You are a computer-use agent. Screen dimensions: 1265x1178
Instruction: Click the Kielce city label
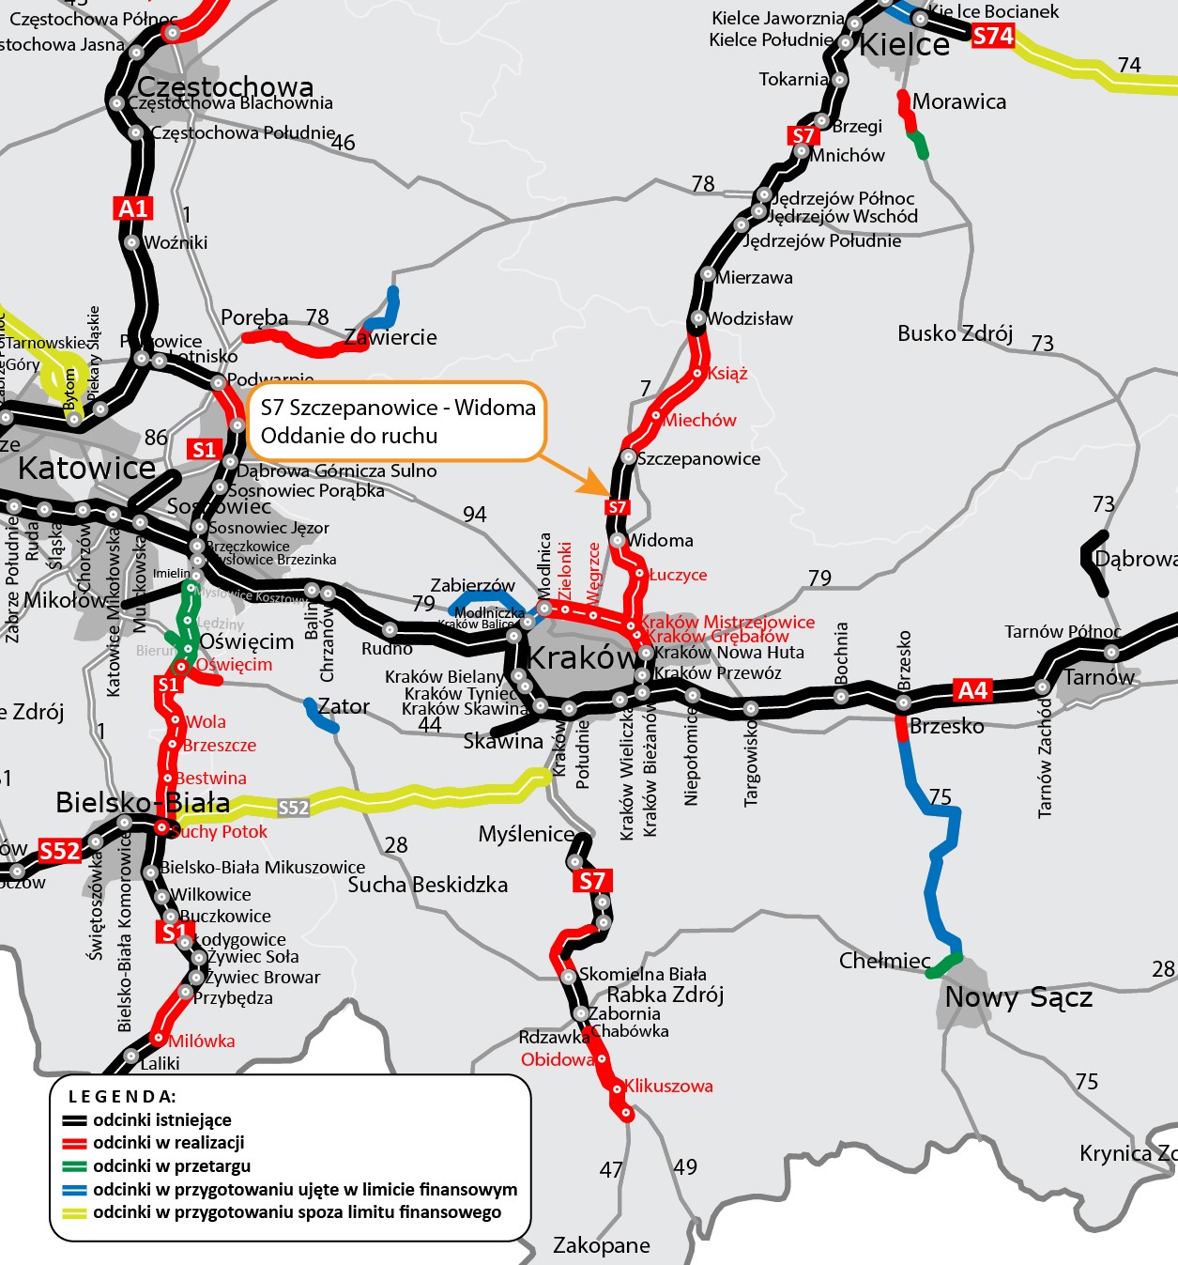pyautogui.click(x=905, y=45)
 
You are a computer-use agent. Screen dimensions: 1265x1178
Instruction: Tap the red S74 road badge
pyautogui.click(x=992, y=37)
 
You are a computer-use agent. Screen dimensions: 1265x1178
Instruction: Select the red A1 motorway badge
pyautogui.click(x=133, y=208)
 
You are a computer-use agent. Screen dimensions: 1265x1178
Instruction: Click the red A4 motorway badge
pyautogui.click(x=972, y=690)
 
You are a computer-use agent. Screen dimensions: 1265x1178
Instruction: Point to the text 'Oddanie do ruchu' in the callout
pyautogui.click(x=349, y=436)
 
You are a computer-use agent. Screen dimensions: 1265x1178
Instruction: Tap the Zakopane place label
pyautogui.click(x=601, y=1245)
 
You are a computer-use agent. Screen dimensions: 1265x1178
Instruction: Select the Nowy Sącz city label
pyautogui.click(x=1018, y=997)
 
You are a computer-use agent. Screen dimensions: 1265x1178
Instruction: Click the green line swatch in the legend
pyautogui.click(x=74, y=1166)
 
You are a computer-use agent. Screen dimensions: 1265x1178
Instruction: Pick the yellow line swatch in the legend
pyautogui.click(x=74, y=1212)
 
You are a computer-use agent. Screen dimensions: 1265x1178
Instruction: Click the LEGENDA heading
pyautogui.click(x=122, y=1096)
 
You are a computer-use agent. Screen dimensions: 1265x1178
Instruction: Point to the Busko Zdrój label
pyautogui.click(x=955, y=334)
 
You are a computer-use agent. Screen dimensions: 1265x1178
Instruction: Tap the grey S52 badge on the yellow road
pyautogui.click(x=293, y=808)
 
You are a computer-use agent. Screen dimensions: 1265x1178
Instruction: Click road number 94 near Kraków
pyautogui.click(x=475, y=515)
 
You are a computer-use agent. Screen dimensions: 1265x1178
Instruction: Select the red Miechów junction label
pyautogui.click(x=699, y=421)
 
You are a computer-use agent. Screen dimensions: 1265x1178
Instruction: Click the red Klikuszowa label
pyautogui.click(x=668, y=1087)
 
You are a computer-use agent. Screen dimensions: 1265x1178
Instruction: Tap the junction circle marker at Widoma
pyautogui.click(x=617, y=540)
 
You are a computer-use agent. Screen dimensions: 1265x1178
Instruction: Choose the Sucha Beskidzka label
pyautogui.click(x=427, y=885)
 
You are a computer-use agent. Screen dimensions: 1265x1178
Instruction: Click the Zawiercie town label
pyautogui.click(x=390, y=338)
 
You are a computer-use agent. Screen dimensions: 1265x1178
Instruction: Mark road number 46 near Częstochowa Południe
pyautogui.click(x=344, y=143)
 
